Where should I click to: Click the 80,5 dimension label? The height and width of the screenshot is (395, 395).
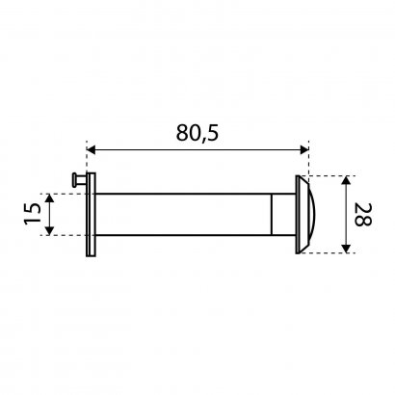[197, 132]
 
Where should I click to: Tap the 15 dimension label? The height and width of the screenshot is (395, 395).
[33, 214]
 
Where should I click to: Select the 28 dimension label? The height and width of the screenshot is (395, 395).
[363, 215]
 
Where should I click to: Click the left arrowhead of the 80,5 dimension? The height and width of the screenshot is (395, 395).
[92, 149]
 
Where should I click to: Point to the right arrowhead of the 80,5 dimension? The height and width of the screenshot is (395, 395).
[303, 149]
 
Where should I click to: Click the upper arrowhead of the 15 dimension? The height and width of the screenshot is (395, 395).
[49, 198]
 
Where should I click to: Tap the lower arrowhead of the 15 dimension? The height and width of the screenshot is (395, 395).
[49, 231]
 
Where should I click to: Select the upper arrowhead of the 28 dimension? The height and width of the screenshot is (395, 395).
[346, 180]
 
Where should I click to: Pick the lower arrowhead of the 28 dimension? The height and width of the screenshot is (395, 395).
[346, 249]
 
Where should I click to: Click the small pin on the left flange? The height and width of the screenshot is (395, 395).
[79, 179]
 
